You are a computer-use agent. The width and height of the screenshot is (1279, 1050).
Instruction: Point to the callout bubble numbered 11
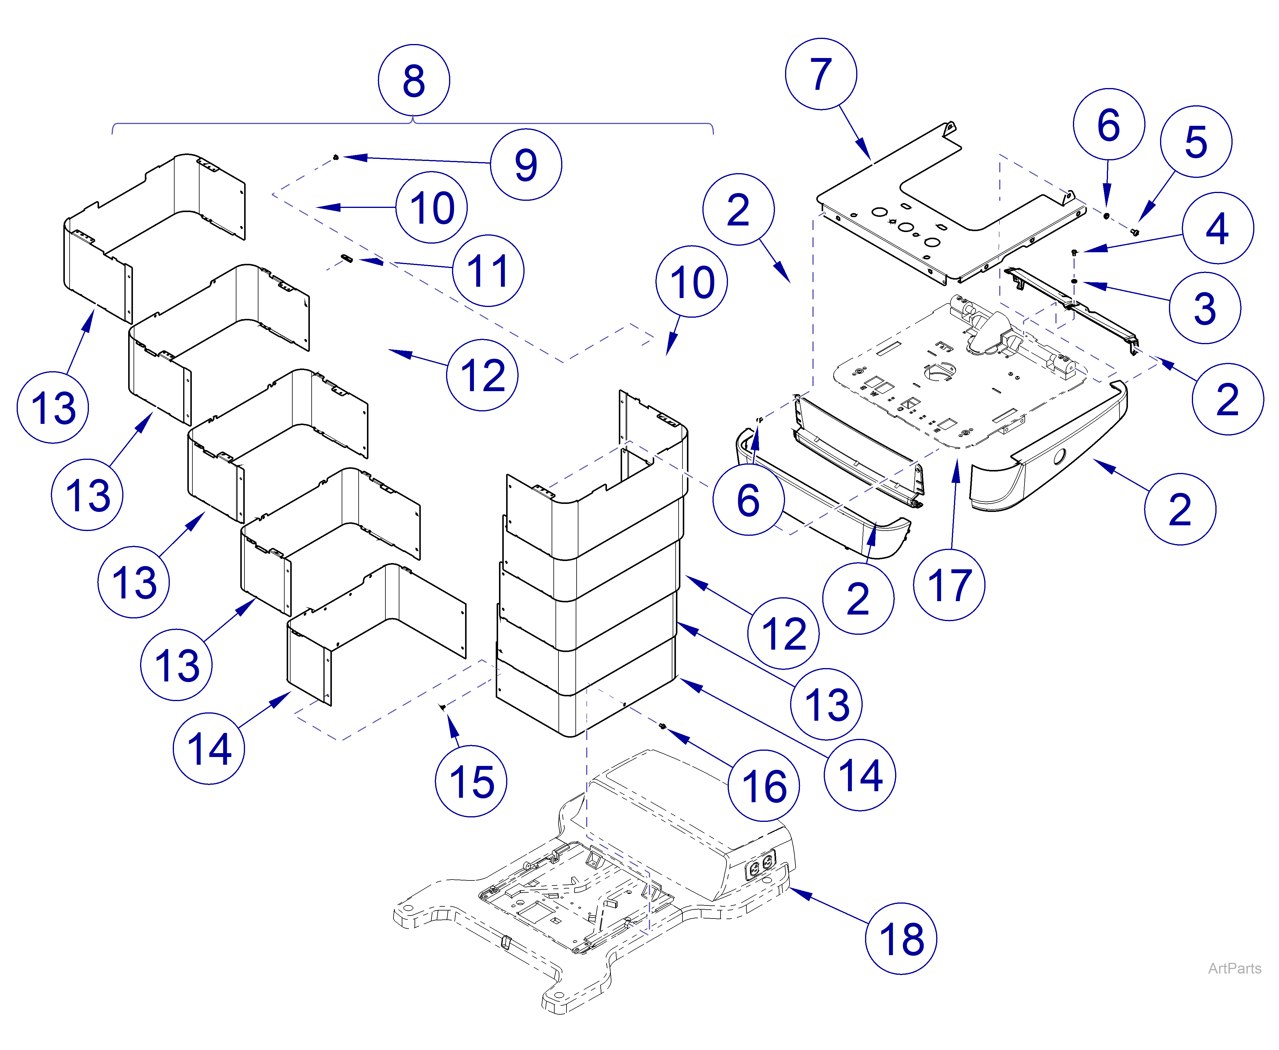(488, 270)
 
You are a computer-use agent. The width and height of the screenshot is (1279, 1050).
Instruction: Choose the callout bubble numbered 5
(1195, 142)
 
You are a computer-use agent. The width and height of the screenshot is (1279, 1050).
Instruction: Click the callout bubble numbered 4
(1217, 228)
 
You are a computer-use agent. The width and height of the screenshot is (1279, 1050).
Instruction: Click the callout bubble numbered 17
(949, 585)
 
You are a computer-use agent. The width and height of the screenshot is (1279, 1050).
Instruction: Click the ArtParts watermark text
(1234, 968)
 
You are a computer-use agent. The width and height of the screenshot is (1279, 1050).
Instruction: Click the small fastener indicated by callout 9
(336, 158)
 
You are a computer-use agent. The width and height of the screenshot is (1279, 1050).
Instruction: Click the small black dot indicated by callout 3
(1074, 281)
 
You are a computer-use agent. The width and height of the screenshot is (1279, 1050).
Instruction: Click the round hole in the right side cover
(1060, 456)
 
